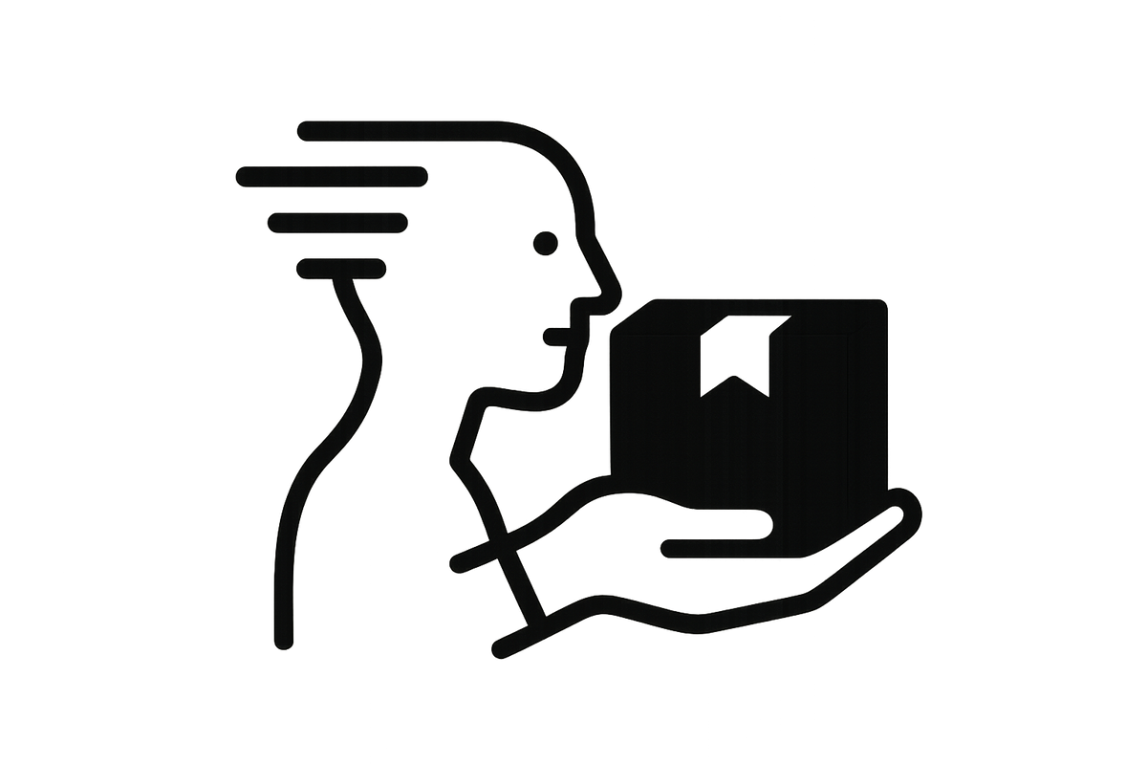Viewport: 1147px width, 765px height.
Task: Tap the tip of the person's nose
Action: [x=599, y=287]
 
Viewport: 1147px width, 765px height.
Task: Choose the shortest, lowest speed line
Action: [x=342, y=268]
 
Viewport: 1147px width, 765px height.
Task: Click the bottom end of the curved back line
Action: [x=283, y=643]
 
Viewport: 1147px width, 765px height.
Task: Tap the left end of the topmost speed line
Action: [x=304, y=130]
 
